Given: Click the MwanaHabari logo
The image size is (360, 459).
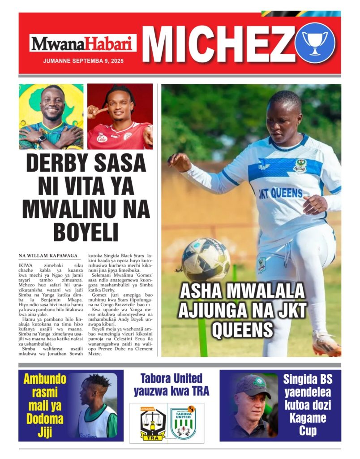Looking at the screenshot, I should pyautogui.click(x=83, y=44).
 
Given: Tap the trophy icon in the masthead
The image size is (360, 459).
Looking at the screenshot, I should pyautogui.click(x=315, y=43).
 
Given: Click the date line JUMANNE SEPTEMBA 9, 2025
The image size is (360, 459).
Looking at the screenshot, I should pyautogui.click(x=83, y=61).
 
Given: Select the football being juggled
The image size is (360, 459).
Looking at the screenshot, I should pyautogui.click(x=206, y=260).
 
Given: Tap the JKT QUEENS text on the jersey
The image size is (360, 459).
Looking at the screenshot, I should pyautogui.click(x=281, y=194).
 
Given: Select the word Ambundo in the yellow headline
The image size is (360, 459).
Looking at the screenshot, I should pyautogui.click(x=45, y=379).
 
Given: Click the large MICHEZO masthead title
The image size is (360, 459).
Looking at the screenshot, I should pyautogui.click(x=219, y=44).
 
